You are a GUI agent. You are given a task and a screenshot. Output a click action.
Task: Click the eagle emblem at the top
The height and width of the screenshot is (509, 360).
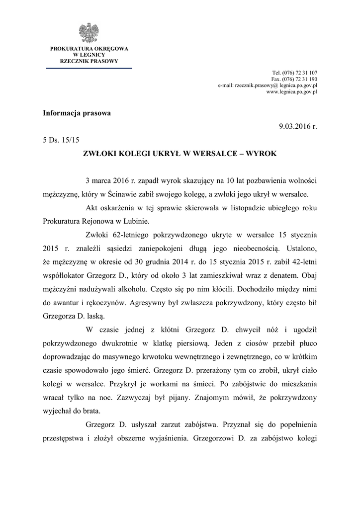(x=89, y=32)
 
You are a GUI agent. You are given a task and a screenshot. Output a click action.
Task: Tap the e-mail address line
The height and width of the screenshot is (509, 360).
(x=268, y=85)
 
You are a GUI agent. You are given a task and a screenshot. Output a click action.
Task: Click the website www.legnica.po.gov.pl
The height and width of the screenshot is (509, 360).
(x=292, y=92)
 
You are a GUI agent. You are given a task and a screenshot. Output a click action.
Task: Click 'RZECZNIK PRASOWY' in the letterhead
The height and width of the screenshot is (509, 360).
(x=89, y=61)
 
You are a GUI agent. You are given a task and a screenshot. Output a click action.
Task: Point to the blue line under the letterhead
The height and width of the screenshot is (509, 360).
(x=89, y=68)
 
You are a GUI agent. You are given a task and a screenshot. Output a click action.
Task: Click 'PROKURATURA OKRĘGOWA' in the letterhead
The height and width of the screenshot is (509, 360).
(x=89, y=49)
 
